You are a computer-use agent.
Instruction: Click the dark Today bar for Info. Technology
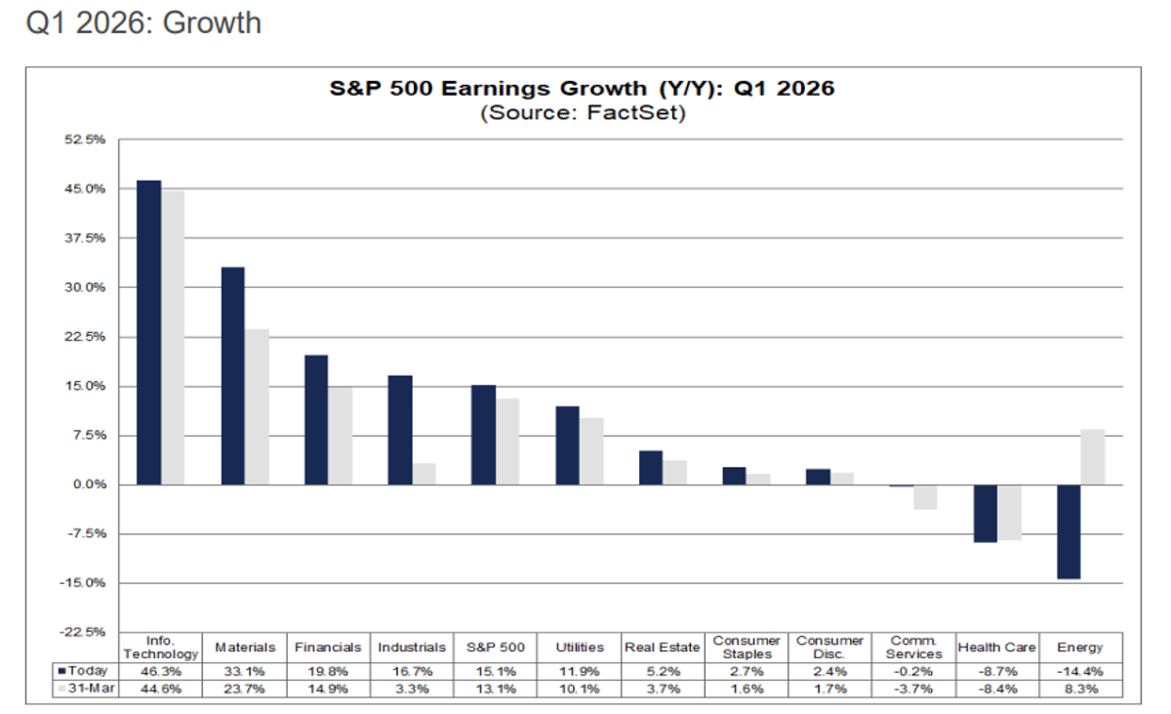click(148, 332)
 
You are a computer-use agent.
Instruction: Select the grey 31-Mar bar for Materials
click(257, 406)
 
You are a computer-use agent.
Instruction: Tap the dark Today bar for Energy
click(1069, 531)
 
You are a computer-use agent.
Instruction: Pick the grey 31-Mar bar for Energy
click(1093, 457)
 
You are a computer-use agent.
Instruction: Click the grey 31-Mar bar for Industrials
click(424, 474)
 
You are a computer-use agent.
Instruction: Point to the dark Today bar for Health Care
click(986, 514)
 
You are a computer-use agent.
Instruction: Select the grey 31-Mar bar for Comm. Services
click(925, 497)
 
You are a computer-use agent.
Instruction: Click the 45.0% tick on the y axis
click(86, 189)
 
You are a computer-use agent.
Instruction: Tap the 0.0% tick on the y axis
click(89, 484)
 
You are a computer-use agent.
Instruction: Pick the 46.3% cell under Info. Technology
click(162, 671)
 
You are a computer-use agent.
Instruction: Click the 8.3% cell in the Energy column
click(1080, 690)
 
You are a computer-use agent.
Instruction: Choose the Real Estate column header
click(663, 647)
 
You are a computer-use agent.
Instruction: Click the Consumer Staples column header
click(747, 647)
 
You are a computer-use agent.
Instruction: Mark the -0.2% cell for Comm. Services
click(913, 671)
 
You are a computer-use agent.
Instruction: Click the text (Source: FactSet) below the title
click(583, 113)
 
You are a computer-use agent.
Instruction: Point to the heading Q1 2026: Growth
click(143, 22)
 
